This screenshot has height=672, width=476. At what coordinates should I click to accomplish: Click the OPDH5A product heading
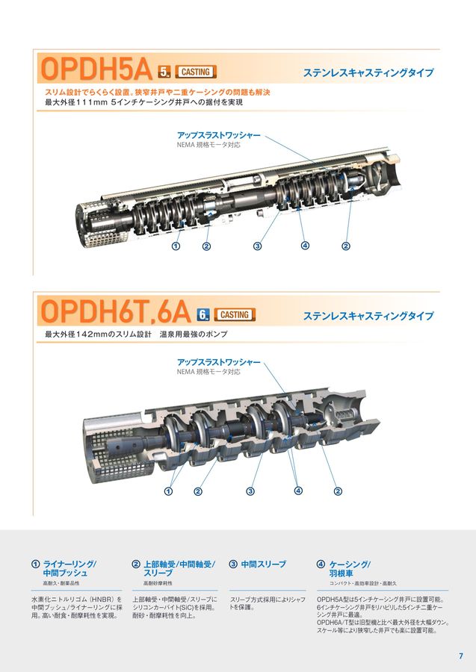pos(97,70)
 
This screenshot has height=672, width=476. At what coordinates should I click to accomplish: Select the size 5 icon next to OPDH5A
pos(165,72)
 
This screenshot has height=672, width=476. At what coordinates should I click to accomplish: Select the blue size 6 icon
pos(203,315)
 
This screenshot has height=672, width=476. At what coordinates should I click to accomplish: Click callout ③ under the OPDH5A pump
pos(258,246)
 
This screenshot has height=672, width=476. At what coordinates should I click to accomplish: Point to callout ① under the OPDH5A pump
pos(176,246)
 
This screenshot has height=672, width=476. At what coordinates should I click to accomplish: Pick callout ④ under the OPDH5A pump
pos(305,246)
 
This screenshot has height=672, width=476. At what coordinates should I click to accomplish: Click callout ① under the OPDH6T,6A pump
pos(169,491)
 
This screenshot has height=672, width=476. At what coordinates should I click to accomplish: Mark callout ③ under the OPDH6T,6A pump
pos(250,491)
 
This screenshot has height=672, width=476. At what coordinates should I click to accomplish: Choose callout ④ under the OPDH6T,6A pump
pos(298,491)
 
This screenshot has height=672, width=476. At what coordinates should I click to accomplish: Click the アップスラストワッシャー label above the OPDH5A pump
pos(218,135)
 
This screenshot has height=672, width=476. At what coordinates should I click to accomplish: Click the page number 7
pos(460,656)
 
